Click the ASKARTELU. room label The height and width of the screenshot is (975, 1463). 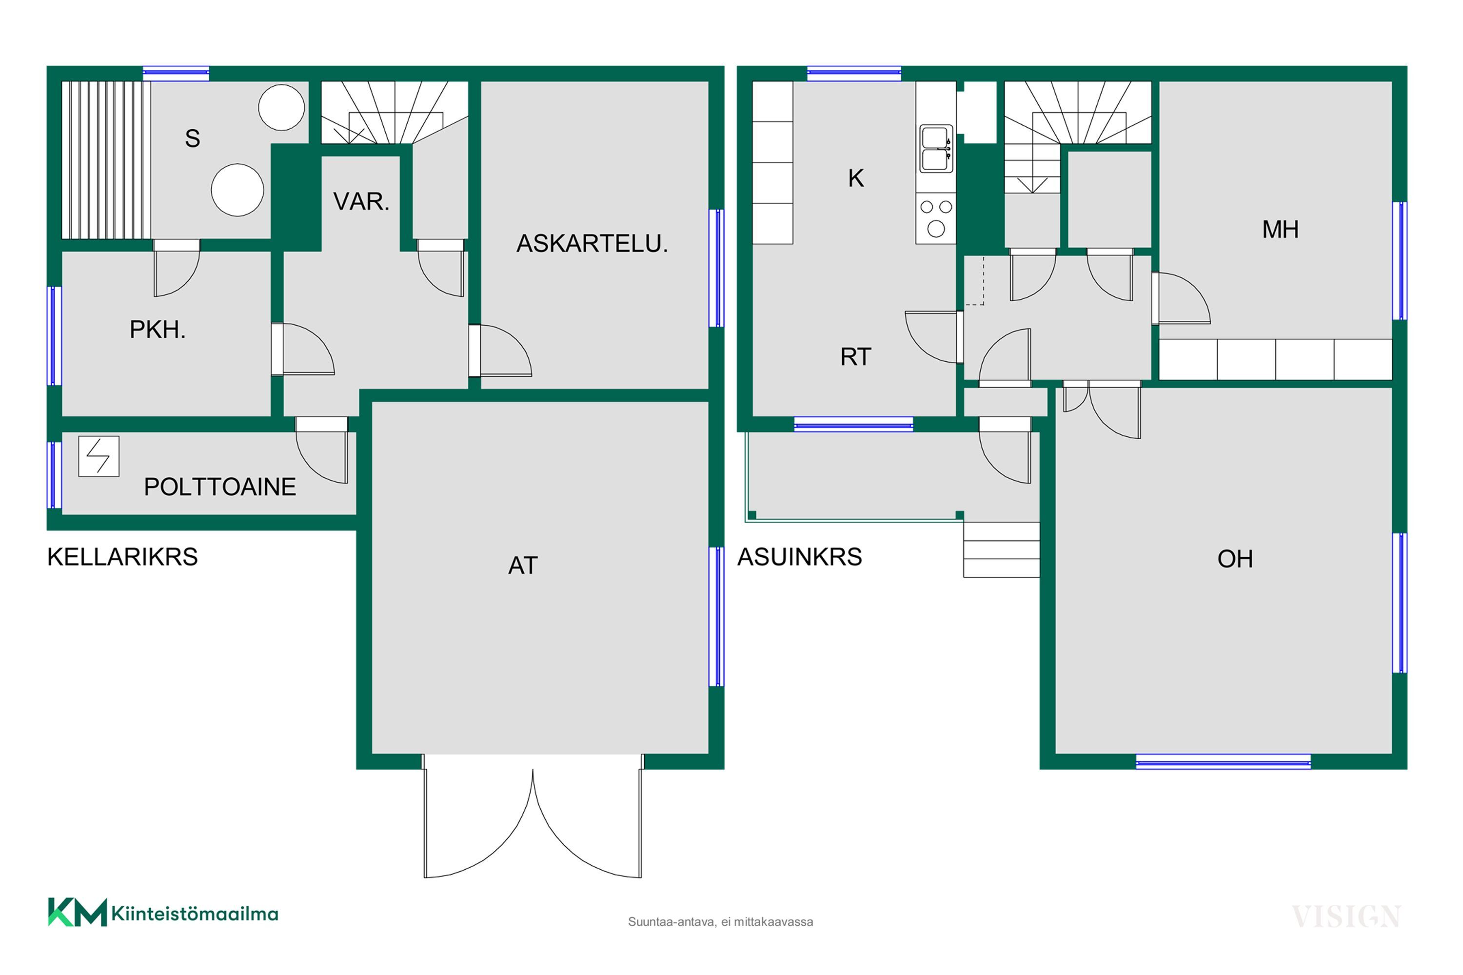tap(592, 243)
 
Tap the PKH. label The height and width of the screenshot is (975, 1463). tap(158, 330)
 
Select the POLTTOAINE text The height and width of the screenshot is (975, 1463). tap(219, 487)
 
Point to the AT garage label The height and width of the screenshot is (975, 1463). tap(522, 565)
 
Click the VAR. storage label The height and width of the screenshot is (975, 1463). tap(361, 201)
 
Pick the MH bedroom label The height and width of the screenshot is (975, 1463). tap(1280, 230)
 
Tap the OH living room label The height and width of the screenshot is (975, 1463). tap(1235, 559)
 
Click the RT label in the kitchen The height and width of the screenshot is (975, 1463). tap(856, 357)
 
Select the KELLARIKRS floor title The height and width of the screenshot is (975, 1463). tap(122, 557)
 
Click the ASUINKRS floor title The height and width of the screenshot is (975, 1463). tap(799, 557)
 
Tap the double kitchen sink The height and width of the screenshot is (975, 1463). tap(935, 149)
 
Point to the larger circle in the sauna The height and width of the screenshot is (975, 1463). tap(237, 190)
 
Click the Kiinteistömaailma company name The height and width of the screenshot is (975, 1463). tap(195, 914)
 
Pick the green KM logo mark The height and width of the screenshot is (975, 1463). tap(77, 912)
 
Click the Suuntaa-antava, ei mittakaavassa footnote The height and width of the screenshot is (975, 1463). tap(720, 921)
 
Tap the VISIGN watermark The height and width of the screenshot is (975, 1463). tap(1346, 916)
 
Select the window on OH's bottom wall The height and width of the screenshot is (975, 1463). tap(1223, 761)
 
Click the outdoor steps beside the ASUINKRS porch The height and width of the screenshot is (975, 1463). tap(1002, 550)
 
